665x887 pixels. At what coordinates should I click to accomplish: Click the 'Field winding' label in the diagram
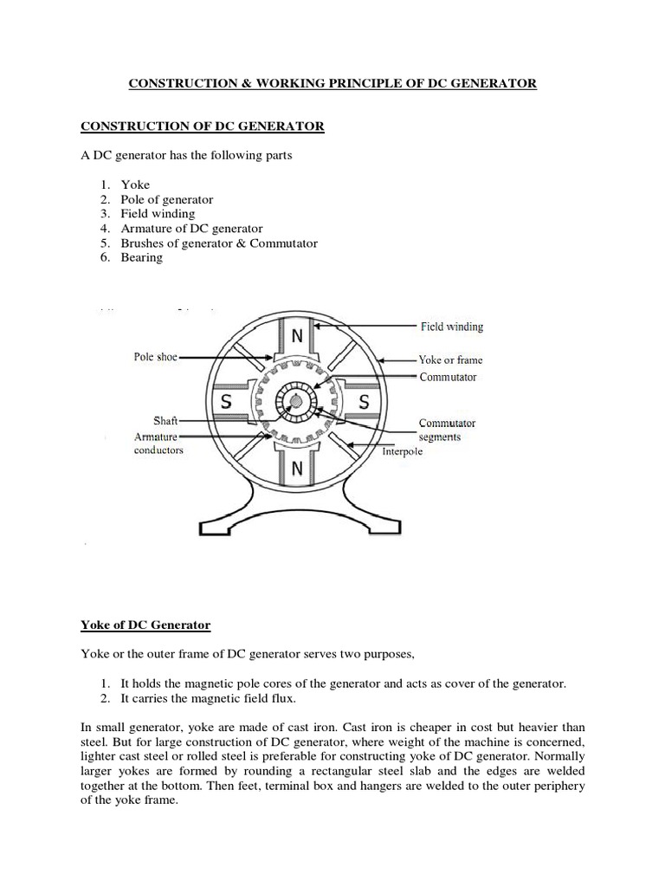point(452,327)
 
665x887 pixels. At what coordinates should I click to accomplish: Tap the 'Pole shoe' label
point(156,357)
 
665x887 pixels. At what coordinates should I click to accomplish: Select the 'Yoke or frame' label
point(450,359)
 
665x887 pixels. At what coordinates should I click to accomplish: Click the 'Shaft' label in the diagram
point(165,421)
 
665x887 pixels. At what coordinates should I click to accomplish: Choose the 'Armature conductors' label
point(158,443)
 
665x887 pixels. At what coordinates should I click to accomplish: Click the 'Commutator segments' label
point(447,431)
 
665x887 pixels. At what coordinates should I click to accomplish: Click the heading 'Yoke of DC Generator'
point(145,625)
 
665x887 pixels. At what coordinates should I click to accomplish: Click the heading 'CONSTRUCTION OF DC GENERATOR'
point(203,126)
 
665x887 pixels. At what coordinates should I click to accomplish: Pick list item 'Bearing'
point(142,258)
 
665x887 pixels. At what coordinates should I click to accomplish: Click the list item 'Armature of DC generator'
point(191,229)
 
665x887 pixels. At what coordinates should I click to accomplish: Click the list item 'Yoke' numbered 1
point(135,185)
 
